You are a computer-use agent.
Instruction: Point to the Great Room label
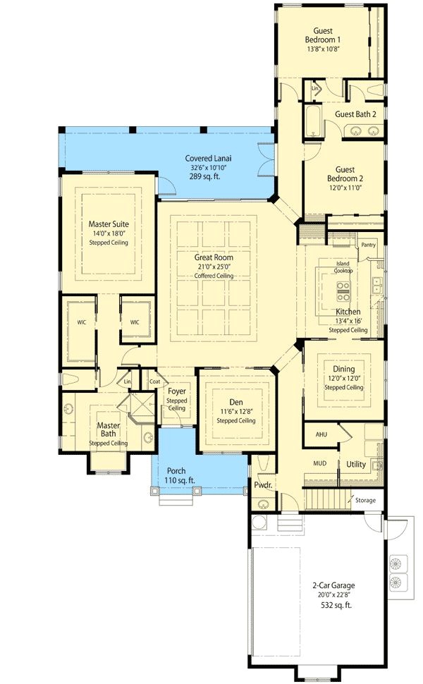tap(214, 257)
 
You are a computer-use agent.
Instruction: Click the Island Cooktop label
tap(343, 267)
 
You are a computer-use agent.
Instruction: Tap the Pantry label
tap(368, 245)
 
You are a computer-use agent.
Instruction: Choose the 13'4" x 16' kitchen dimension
tap(348, 321)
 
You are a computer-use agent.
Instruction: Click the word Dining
tap(344, 369)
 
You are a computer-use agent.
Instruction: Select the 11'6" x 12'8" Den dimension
tap(235, 412)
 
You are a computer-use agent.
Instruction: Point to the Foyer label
tap(176, 391)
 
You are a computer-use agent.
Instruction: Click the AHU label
tap(321, 434)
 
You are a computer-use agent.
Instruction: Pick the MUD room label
tap(319, 463)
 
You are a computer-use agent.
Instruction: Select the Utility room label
tap(356, 463)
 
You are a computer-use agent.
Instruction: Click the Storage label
tap(365, 500)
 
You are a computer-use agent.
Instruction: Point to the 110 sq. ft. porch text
tap(179, 480)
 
